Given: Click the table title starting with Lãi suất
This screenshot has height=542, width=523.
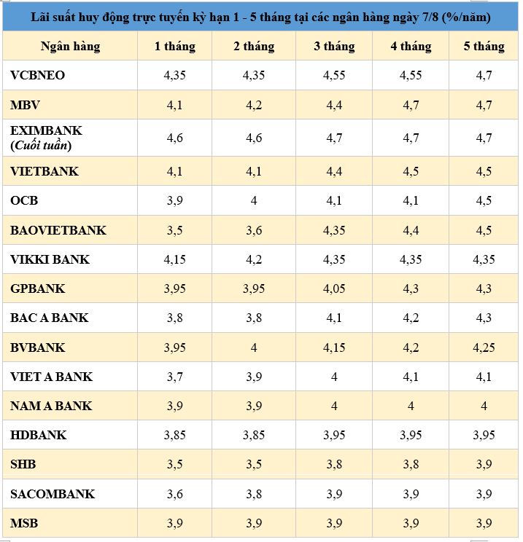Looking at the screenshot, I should pos(261,16).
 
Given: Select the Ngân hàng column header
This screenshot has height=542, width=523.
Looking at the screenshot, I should pos(70,46).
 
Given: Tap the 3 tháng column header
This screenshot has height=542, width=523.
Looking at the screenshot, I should pos(333,46).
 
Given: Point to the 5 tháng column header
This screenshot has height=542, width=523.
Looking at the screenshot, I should pos(484,46).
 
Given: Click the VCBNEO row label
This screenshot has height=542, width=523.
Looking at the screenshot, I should pos(38,75).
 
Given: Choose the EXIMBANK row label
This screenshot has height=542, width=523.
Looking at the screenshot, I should pos(47,131).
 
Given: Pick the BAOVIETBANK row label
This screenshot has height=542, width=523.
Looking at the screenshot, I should pos(58,230).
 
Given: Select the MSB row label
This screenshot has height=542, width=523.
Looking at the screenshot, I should pos(24,523).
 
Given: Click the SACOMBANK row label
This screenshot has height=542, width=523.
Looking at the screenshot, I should pos(53,494).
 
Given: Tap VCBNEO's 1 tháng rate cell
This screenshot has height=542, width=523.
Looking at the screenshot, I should pos(174,75).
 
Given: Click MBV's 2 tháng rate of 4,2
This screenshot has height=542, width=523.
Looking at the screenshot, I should pos(254,105).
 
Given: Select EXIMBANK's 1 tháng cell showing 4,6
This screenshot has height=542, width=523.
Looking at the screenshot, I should pos(174,138).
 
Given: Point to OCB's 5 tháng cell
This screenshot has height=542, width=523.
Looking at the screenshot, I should pos(484,200).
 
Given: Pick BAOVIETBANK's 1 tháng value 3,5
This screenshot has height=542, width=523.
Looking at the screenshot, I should pos(174,230).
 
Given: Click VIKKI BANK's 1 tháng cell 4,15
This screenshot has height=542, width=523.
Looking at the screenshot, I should pos(174,259).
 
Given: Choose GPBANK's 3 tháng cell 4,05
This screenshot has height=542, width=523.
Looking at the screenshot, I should pos(333,288).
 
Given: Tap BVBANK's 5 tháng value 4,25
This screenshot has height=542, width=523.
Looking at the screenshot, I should pos(484,347).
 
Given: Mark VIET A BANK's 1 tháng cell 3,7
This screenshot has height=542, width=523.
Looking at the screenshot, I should pos(174,377).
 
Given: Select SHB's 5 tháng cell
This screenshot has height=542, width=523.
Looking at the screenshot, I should pos(484,465).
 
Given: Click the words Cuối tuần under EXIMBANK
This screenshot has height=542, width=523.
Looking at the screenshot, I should pos(42,145).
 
